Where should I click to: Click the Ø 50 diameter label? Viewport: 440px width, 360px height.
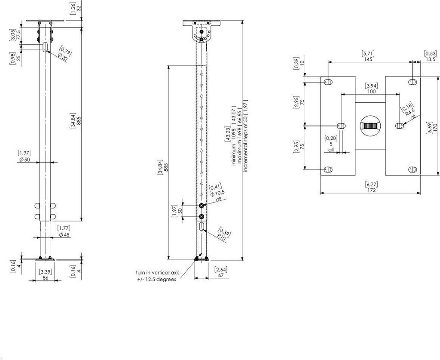[x=24, y=160]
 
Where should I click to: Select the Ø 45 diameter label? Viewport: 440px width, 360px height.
[x=64, y=234]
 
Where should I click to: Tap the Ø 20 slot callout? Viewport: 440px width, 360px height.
[x=63, y=57]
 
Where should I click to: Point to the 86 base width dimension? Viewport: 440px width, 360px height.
[x=45, y=277]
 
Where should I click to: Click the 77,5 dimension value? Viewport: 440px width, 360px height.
[x=19, y=35]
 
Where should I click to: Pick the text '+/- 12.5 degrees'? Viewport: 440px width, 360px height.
[x=156, y=280]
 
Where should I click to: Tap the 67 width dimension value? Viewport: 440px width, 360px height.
[x=220, y=275]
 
